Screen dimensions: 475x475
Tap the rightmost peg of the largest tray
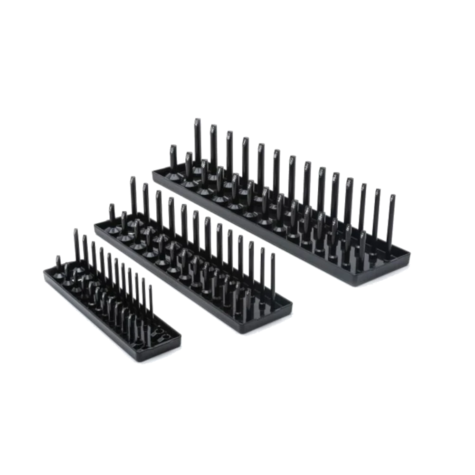tap(391, 223)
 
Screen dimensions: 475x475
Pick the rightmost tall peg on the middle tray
tap(273, 275)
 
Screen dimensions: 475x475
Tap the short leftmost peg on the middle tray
tap(112, 216)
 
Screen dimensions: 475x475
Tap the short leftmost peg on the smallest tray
tap(58, 264)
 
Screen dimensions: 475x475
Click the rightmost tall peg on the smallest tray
tap(150, 304)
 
